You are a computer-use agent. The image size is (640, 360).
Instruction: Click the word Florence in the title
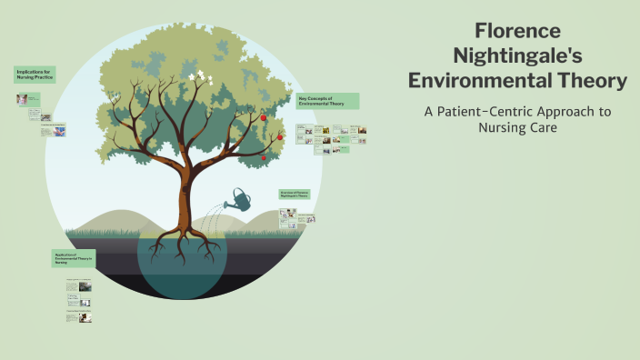click(518, 30)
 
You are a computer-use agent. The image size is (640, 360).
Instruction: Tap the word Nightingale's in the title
click(518, 55)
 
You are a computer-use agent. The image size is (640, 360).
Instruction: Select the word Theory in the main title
click(583, 81)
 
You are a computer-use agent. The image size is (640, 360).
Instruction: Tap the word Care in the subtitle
click(539, 128)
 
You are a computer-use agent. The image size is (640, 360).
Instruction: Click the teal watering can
click(242, 198)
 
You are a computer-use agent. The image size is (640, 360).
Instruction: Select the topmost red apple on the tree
click(264, 117)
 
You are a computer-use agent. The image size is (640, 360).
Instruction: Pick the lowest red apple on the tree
click(263, 158)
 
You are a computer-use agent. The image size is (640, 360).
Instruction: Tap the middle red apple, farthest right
click(280, 137)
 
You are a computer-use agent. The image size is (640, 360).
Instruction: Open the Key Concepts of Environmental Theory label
click(327, 100)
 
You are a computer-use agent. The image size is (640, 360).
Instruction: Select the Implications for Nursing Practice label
click(35, 75)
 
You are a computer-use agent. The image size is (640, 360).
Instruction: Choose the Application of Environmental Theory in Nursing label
click(73, 258)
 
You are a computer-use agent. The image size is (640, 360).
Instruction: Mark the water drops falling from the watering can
click(215, 216)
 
